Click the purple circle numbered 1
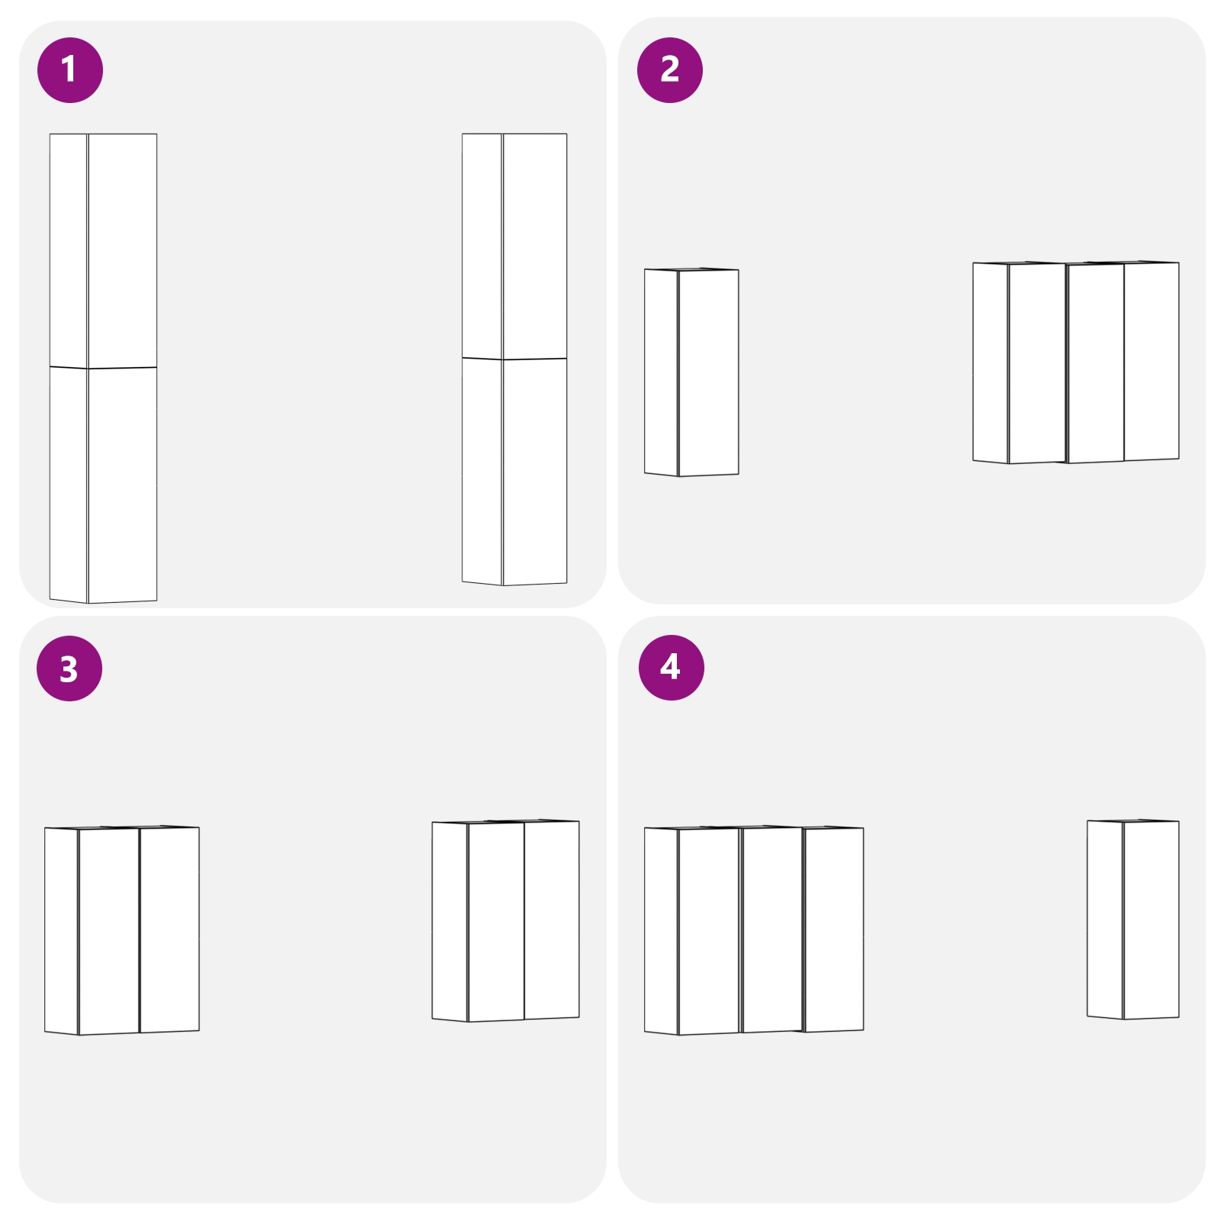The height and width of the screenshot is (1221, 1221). (69, 69)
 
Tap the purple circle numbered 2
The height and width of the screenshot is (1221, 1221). (669, 69)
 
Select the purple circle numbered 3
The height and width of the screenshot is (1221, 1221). (69, 668)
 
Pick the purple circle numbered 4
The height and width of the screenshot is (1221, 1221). (671, 667)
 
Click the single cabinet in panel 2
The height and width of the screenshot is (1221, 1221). (691, 372)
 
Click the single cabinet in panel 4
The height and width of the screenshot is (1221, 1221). (1133, 919)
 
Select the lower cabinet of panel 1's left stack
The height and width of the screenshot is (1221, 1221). (104, 485)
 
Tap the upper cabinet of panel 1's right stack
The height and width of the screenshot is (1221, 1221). (515, 245)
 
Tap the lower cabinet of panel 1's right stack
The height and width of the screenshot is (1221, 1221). (515, 471)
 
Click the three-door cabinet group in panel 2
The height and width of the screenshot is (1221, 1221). (1076, 362)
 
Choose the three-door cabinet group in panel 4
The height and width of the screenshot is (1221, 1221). (754, 929)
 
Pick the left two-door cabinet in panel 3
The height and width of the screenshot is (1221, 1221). (122, 930)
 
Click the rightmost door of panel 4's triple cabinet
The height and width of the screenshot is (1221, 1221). (833, 929)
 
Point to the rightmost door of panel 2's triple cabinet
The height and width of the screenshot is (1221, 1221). (1151, 361)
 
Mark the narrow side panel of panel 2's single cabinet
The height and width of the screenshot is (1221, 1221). (661, 372)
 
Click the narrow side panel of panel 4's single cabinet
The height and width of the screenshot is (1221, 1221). (1104, 919)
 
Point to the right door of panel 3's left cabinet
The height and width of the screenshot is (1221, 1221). (169, 929)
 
